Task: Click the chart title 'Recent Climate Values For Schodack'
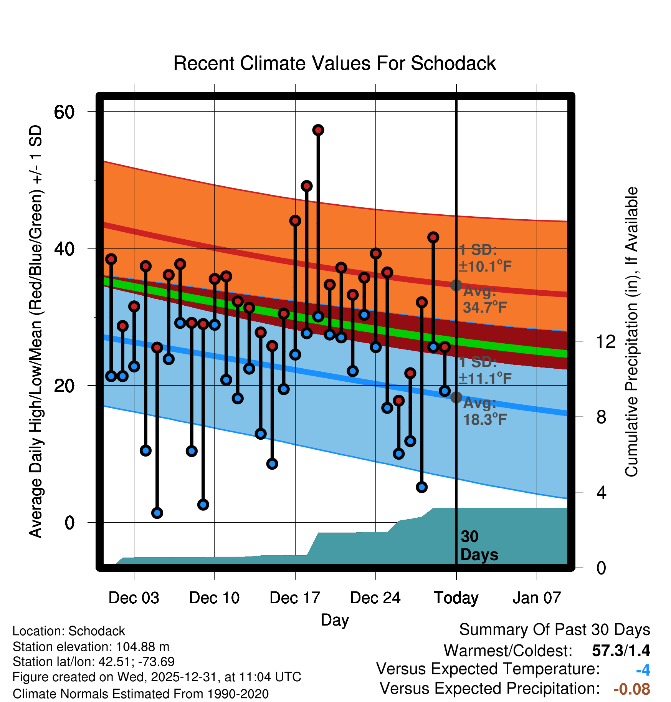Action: pos(334,63)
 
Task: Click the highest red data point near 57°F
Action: pos(318,130)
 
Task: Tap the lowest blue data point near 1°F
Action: pos(157,513)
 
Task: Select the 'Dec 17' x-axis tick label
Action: pos(294,598)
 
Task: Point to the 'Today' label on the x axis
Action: pos(456,598)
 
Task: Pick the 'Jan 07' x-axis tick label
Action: pos(536,598)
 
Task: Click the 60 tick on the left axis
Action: pos(64,112)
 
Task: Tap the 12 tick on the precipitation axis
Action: pos(605,341)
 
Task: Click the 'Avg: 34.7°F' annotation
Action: pos(484,300)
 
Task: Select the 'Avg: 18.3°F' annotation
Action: pos(484,412)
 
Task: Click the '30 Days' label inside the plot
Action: pos(479,546)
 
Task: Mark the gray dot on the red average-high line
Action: pos(456,285)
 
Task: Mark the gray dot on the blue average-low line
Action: pos(456,397)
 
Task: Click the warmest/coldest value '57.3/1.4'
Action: pos(621,651)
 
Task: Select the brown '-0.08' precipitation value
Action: pos(631,689)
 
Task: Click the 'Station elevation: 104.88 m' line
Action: pos(91,647)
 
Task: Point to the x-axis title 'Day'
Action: pos(335,620)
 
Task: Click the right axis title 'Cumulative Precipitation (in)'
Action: pos(631,332)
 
